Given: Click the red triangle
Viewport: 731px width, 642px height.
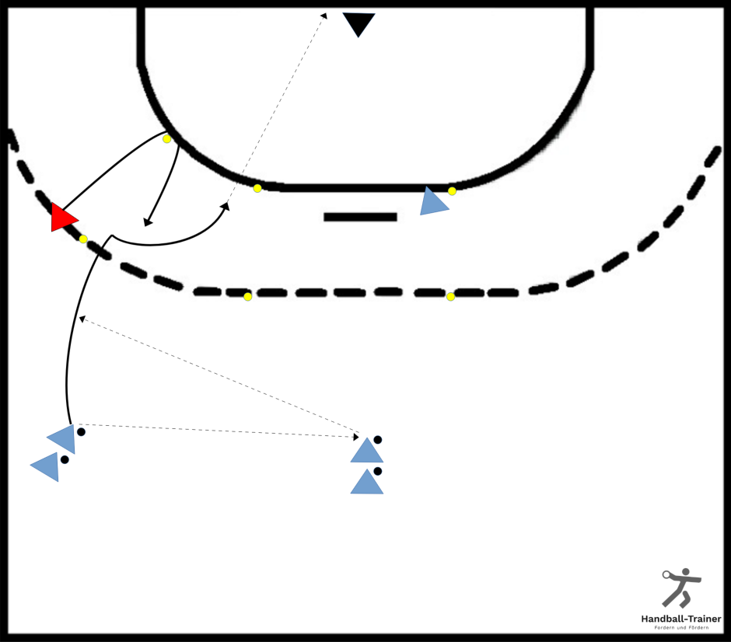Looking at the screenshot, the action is (x=62, y=217).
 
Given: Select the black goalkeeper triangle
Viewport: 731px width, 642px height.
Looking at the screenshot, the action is (x=359, y=23).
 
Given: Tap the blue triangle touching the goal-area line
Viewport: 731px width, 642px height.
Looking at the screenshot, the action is (x=432, y=202).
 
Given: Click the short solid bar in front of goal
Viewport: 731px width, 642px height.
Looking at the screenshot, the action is (x=360, y=217).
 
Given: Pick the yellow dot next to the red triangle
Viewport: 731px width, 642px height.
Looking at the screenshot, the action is (x=83, y=239).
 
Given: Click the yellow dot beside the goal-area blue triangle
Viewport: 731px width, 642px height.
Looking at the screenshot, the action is (x=452, y=191).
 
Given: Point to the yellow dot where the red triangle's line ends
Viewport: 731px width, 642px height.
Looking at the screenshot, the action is (x=166, y=139).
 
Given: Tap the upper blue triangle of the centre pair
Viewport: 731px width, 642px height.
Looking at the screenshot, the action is (x=367, y=451).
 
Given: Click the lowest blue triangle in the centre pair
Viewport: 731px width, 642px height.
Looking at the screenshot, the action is (x=367, y=482).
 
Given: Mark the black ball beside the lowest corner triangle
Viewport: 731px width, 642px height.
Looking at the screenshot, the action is (x=65, y=460).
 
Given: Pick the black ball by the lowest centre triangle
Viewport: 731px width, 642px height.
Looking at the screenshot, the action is (x=378, y=471).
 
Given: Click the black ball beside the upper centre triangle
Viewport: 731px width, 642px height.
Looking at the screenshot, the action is (x=378, y=440).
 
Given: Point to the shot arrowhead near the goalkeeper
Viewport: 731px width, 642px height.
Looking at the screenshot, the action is (x=324, y=16).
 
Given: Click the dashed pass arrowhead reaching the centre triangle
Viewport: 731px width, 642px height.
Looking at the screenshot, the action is (x=356, y=437).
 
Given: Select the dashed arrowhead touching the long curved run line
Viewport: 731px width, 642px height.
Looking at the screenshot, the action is (x=82, y=319).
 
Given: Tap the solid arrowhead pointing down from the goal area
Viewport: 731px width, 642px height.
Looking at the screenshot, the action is (x=147, y=222).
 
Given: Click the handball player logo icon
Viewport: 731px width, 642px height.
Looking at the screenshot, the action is (x=681, y=588).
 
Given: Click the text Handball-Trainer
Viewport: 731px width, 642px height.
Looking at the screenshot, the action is (x=681, y=619).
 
